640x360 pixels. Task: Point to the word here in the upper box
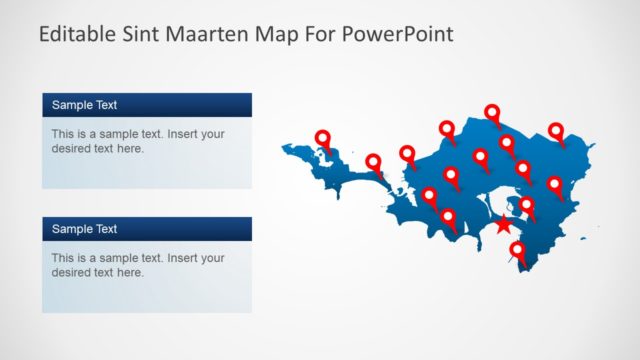[131, 149]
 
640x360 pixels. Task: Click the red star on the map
[503, 226]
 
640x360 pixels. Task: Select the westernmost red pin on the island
[323, 140]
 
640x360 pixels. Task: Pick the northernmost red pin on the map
[492, 113]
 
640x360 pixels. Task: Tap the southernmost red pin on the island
[517, 251]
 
